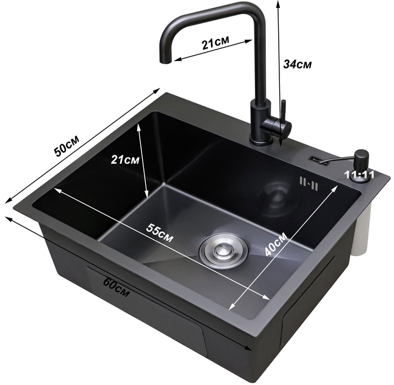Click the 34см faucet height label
(297, 64)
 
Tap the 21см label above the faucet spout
(215, 43)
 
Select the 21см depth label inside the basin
(125, 159)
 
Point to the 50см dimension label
(66, 145)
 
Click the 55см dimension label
(160, 233)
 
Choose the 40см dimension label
(276, 244)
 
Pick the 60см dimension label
(116, 286)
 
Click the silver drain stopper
(223, 251)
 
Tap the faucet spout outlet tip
(166, 61)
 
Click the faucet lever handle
(283, 111)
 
